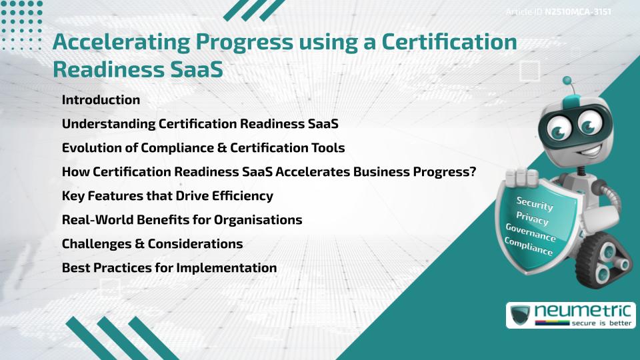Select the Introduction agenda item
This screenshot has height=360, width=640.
[101, 100]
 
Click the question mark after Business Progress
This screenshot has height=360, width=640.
[471, 172]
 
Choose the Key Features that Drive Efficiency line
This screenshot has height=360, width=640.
[167, 196]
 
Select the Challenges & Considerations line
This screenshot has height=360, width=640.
[152, 244]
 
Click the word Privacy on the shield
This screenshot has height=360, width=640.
[532, 218]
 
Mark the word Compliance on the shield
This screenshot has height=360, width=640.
[529, 247]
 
